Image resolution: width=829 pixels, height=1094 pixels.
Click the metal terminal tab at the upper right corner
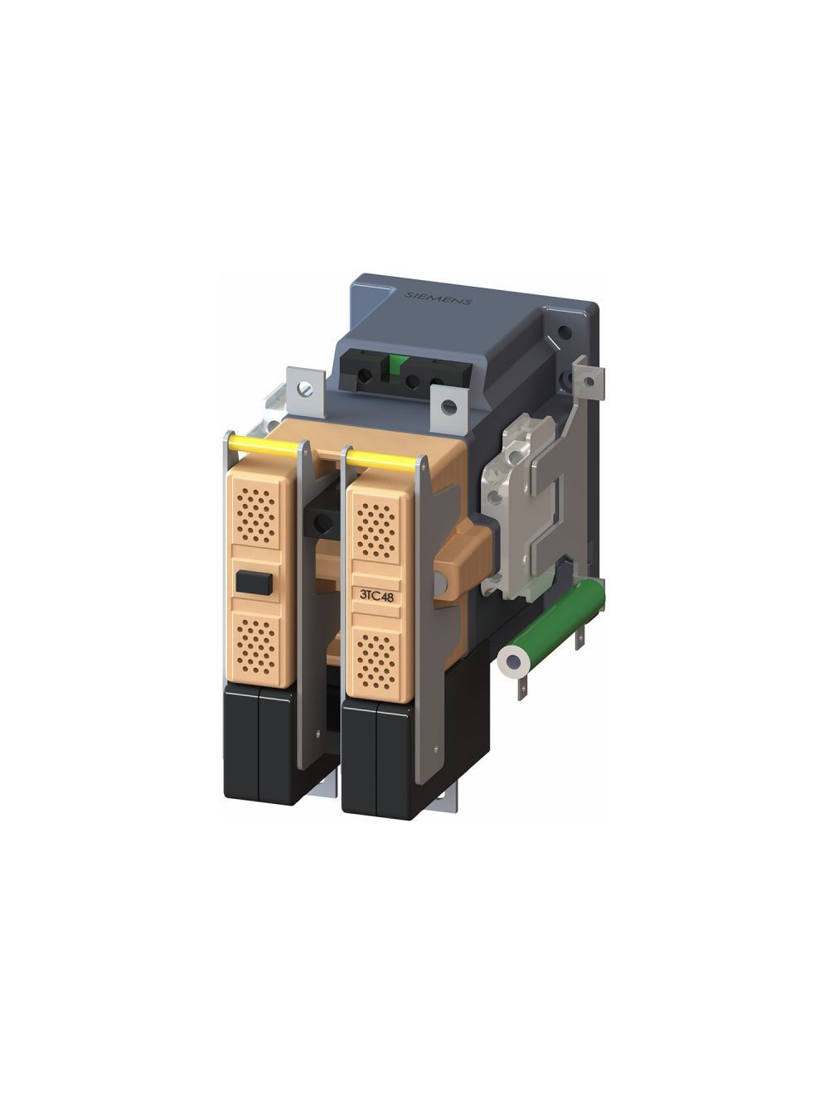click(x=590, y=380)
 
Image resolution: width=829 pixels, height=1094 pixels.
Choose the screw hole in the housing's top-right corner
click(x=565, y=333)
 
